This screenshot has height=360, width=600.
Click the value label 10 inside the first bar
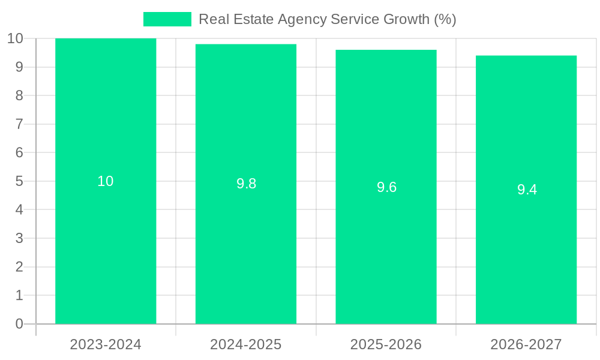pos(106,181)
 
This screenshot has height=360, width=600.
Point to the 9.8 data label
pos(246,184)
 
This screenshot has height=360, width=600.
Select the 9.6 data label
pos(386,187)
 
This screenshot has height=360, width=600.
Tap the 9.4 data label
pos(527,190)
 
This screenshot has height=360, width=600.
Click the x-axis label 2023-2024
pos(106,344)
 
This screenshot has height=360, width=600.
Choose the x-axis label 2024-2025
pos(246,344)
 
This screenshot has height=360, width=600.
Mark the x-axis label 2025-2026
pos(386,344)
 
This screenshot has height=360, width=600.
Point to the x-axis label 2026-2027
pos(526,344)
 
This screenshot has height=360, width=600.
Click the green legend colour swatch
pos(167,19)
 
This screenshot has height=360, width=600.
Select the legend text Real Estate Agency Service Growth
pos(327,19)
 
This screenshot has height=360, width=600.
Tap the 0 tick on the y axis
pos(19,324)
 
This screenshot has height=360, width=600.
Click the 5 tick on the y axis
pos(19,181)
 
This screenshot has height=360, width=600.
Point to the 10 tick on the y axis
pos(15,38)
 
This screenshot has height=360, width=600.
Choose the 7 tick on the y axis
pos(19,124)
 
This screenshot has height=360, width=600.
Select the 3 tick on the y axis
pos(19,238)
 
